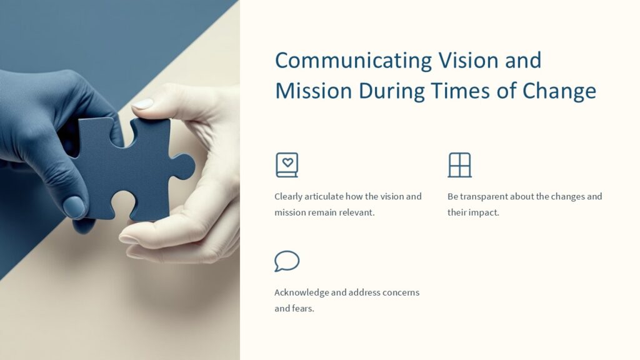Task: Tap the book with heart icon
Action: (x=287, y=165)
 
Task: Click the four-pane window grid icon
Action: (x=459, y=165)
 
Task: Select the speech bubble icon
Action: (x=287, y=261)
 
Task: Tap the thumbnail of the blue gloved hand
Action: (x=74, y=207)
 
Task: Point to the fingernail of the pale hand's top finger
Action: (x=143, y=104)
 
